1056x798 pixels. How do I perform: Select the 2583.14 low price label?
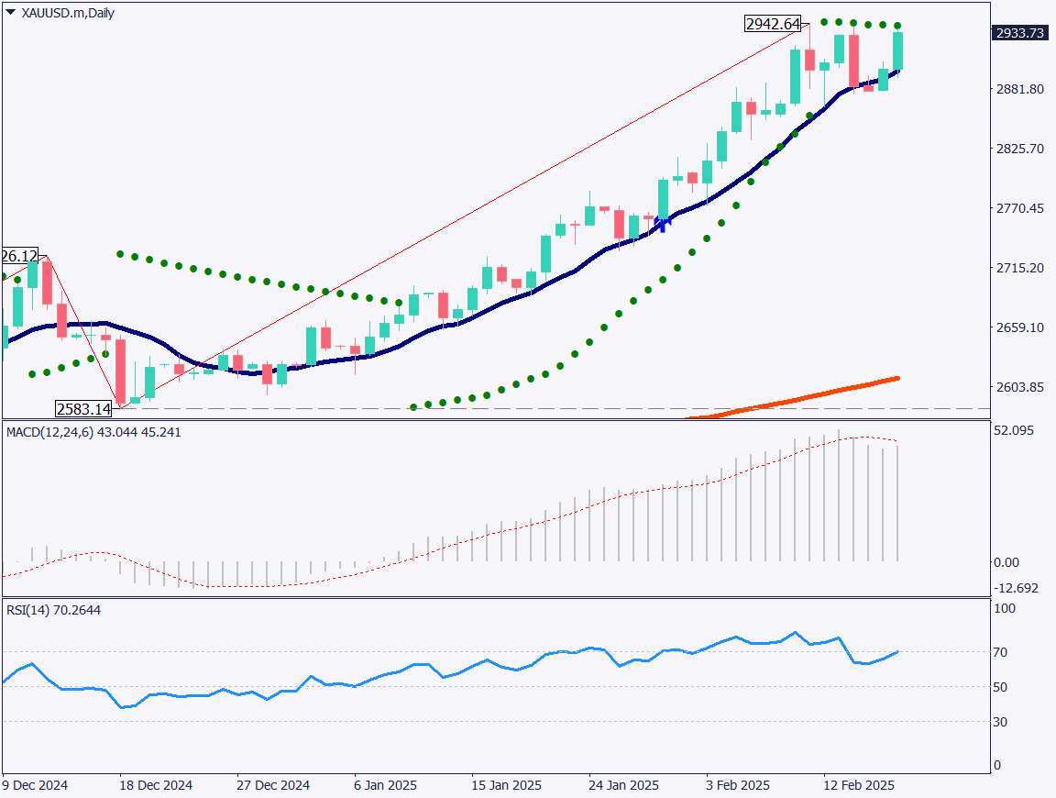(x=83, y=409)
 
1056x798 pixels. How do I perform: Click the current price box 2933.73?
(x=1020, y=33)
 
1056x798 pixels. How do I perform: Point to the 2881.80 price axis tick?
(x=1020, y=89)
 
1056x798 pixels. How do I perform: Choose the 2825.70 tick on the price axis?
(x=1020, y=149)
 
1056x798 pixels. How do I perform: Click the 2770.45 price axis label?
(x=1020, y=208)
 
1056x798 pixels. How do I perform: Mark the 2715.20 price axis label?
(x=1020, y=268)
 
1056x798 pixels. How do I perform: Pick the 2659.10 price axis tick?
(x=1020, y=327)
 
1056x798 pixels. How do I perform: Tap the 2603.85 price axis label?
(x=1020, y=388)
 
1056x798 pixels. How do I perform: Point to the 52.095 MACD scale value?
(x=1014, y=430)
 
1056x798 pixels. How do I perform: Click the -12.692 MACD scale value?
(x=1017, y=588)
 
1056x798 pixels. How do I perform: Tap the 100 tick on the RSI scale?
(x=1006, y=608)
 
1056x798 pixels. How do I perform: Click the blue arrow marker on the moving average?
(x=664, y=221)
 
